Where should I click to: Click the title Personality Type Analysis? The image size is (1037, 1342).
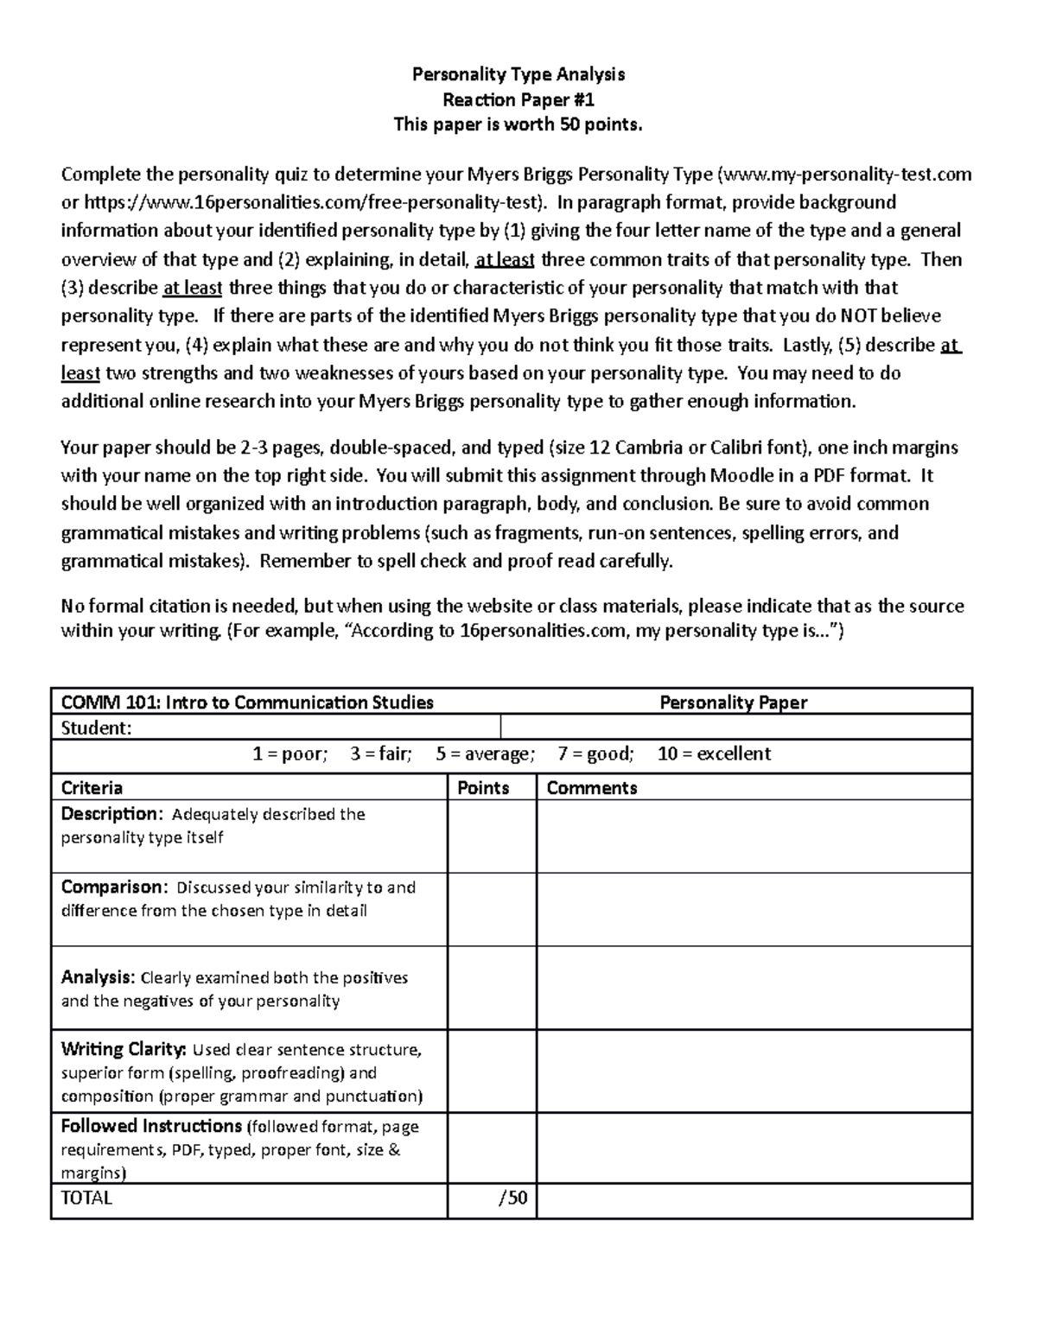tap(518, 74)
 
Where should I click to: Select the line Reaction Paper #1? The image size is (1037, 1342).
tap(518, 99)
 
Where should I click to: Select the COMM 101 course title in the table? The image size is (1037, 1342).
tap(247, 703)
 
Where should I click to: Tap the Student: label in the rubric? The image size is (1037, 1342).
tap(96, 728)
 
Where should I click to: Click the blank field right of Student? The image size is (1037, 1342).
tap(735, 728)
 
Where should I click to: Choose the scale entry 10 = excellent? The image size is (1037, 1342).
tap(714, 754)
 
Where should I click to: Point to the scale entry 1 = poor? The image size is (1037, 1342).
tap(289, 754)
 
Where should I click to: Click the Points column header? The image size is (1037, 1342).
tap(483, 788)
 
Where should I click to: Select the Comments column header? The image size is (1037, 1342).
tap(592, 788)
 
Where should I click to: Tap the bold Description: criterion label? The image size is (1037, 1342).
tap(111, 814)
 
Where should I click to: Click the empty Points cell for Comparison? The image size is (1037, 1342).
tap(491, 909)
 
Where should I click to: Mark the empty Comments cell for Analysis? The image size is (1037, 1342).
tap(754, 988)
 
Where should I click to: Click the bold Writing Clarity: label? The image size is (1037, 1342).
tap(123, 1050)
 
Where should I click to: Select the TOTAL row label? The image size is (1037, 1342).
tap(86, 1199)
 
